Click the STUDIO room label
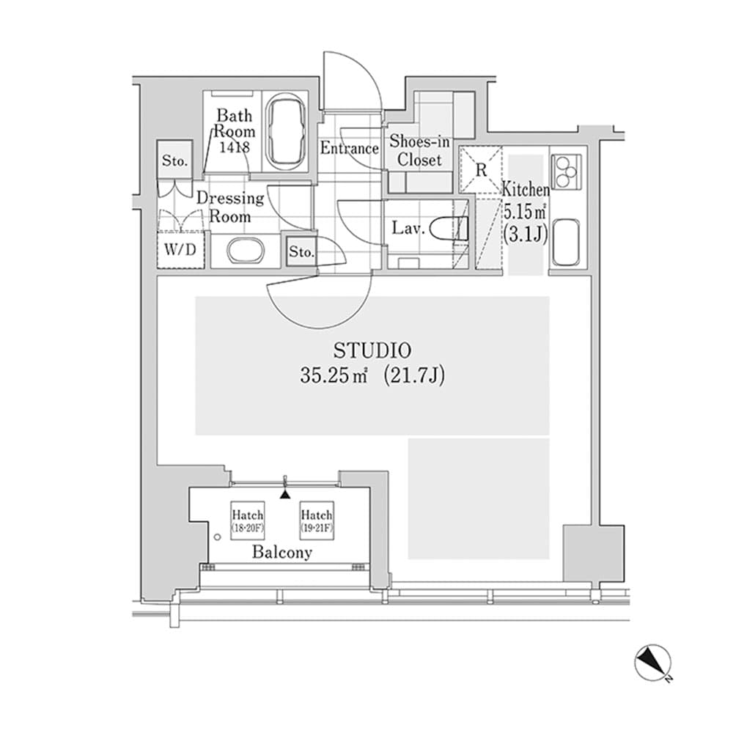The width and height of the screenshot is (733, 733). tap(372, 350)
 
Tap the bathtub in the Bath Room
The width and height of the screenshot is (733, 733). tap(287, 133)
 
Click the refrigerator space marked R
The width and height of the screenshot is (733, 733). tap(481, 169)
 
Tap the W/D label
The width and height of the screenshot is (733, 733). tap(180, 249)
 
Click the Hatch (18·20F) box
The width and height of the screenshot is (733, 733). tap(247, 521)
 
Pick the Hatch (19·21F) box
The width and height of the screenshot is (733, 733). tap(317, 521)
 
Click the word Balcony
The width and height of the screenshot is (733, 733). tap(282, 553)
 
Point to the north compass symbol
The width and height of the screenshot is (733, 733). tap(652, 663)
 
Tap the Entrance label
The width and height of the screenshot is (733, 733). tap(349, 148)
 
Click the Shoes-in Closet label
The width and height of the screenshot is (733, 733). tap(419, 150)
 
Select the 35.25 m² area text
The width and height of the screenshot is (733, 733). tap(334, 377)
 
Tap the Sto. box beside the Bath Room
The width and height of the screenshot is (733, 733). tap(175, 160)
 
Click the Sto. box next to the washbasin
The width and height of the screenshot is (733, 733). tap(301, 254)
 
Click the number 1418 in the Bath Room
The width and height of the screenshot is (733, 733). tap(234, 147)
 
